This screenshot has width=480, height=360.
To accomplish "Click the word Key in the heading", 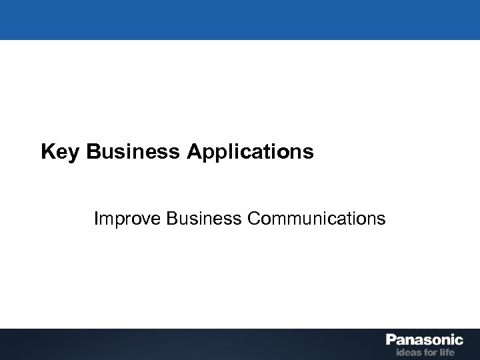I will (x=61, y=153).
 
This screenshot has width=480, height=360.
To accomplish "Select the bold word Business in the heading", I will (x=133, y=153).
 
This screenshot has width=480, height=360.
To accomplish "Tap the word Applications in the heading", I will (x=249, y=153).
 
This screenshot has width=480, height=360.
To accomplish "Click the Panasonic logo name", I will (x=424, y=341).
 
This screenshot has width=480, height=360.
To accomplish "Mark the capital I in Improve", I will (x=97, y=218).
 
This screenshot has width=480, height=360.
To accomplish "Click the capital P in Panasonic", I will (x=391, y=341).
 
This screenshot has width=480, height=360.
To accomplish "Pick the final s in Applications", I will (x=308, y=154).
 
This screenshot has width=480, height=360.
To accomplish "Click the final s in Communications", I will (x=381, y=219).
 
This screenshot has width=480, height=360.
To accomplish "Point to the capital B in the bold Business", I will (x=93, y=153).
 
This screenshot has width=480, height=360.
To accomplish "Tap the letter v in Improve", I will (x=141, y=219).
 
